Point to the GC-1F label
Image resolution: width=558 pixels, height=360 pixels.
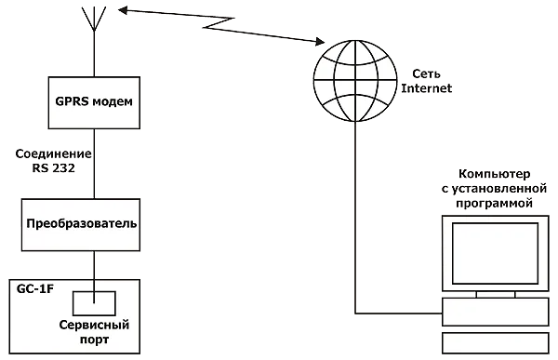(x=35, y=289)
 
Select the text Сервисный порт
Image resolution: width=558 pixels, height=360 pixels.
(x=93, y=333)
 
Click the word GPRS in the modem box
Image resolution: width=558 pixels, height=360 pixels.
(x=73, y=100)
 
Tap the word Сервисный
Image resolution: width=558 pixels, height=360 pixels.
(x=93, y=326)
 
